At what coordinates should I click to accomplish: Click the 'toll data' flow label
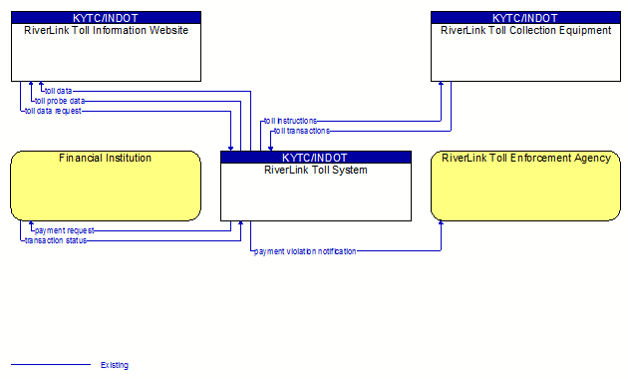click(x=59, y=91)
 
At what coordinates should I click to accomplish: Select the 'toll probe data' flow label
click(x=60, y=101)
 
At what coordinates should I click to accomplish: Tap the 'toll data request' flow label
click(x=53, y=111)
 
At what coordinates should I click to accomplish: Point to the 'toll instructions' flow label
click(x=290, y=121)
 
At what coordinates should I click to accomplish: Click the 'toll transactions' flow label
click(x=302, y=131)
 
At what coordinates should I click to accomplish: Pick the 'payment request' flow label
click(x=65, y=230)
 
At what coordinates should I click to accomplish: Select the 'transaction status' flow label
click(x=56, y=240)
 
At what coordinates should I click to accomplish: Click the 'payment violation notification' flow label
click(x=305, y=251)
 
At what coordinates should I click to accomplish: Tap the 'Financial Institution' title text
click(x=106, y=159)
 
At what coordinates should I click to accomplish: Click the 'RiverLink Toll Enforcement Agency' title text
click(x=526, y=159)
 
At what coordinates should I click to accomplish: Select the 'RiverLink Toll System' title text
click(x=316, y=170)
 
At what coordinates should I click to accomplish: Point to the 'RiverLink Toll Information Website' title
click(x=106, y=31)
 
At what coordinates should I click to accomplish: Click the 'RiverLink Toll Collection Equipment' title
click(x=526, y=31)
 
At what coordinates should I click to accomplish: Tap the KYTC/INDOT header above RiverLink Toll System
click(x=316, y=158)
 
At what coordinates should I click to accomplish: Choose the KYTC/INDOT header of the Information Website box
click(x=106, y=18)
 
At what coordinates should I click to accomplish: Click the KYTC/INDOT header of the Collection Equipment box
click(x=526, y=18)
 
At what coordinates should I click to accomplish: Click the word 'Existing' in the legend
click(x=115, y=365)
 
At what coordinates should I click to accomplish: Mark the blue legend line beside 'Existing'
click(x=51, y=365)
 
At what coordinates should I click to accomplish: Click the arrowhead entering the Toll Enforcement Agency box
click(x=441, y=222)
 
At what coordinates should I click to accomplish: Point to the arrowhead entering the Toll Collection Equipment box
click(x=441, y=84)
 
